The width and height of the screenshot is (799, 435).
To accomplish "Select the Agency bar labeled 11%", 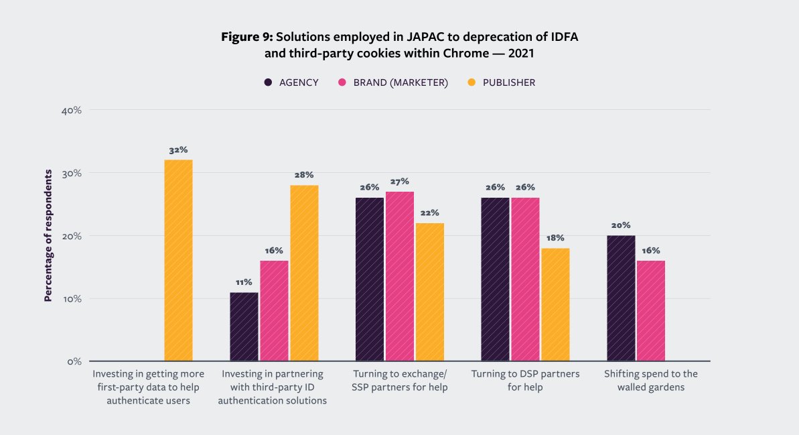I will (244, 326).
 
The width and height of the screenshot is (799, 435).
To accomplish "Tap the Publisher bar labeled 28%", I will (304, 273).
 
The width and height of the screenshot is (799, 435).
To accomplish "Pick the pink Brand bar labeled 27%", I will (400, 276).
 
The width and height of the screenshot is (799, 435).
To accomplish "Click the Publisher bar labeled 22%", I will (429, 292).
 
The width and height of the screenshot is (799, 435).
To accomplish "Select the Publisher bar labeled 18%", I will (555, 304).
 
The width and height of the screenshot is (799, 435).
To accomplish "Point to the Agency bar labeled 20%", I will (621, 298).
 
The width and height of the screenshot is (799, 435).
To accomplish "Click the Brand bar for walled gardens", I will (650, 310).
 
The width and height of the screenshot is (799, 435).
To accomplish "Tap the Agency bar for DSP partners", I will (496, 279).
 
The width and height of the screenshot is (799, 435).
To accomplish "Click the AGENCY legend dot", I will (268, 82).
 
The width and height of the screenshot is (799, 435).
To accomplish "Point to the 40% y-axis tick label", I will (70, 110).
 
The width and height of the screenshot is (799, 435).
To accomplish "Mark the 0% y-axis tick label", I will (74, 361).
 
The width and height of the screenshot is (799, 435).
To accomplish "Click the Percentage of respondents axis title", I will (48, 236).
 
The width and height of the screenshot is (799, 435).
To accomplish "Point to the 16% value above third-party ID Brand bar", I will (274, 250).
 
